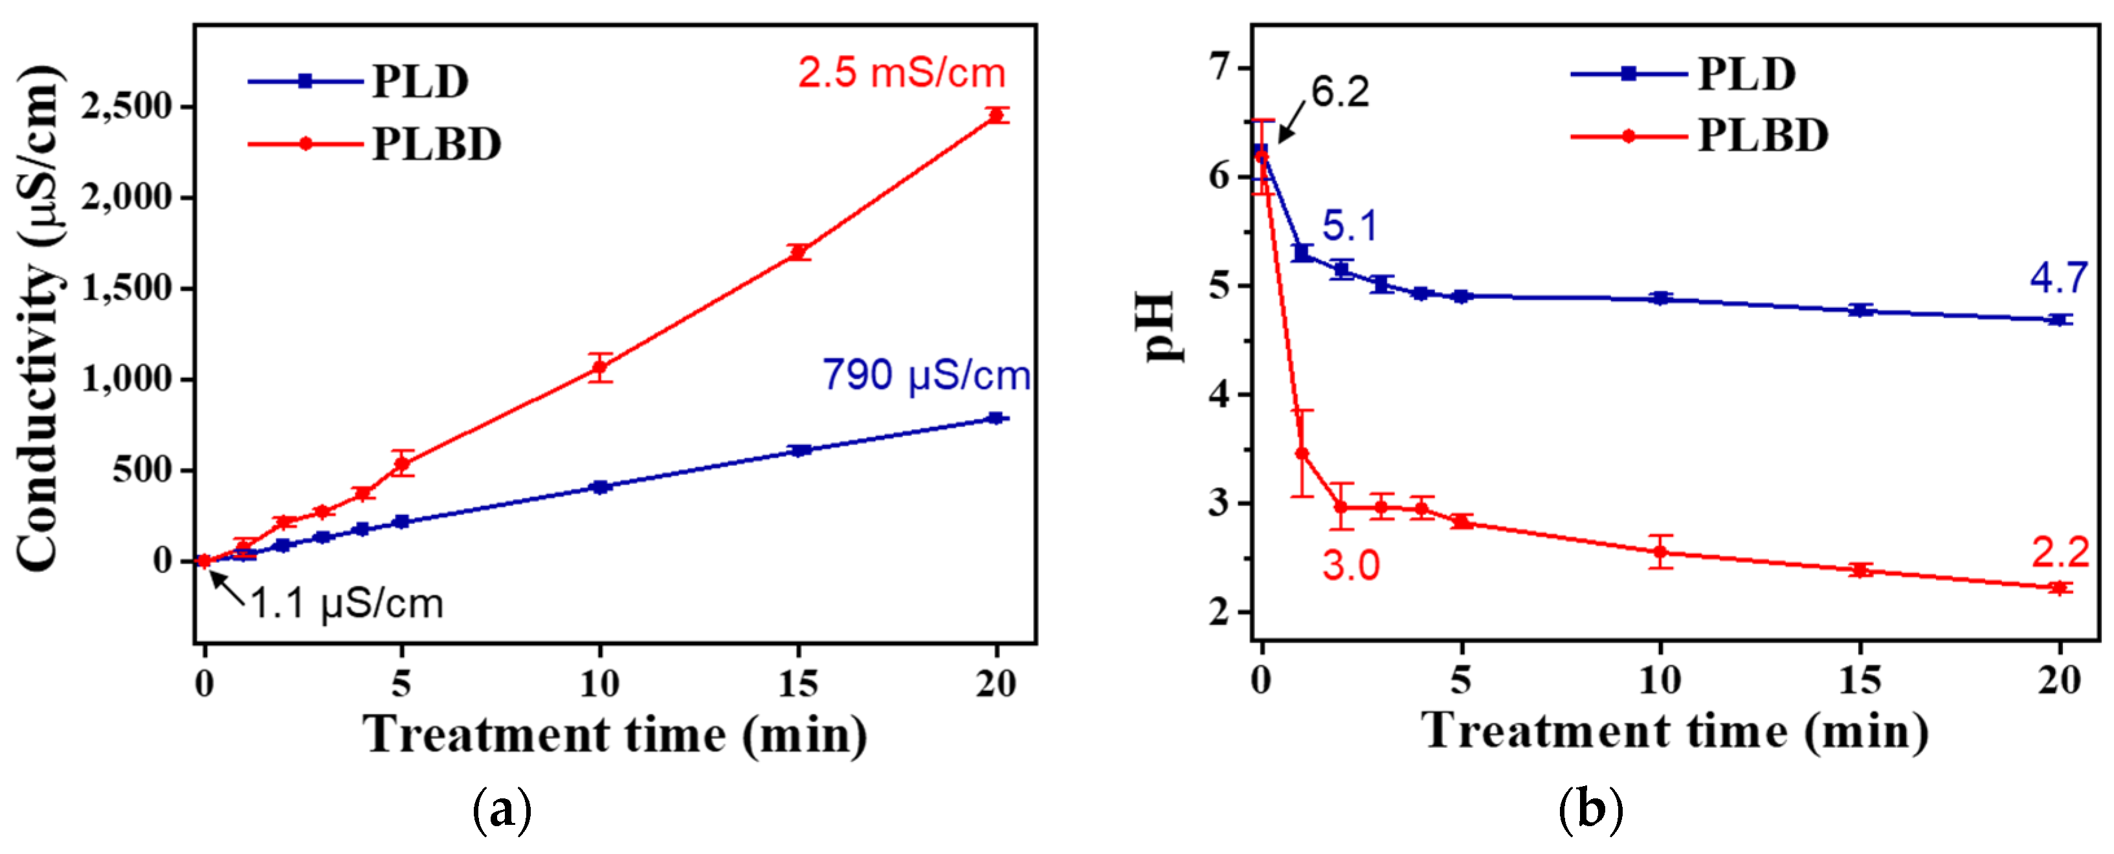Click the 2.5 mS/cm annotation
[x=901, y=73]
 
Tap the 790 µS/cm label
[x=926, y=376]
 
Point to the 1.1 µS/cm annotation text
[x=346, y=604]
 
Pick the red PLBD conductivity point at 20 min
[x=997, y=116]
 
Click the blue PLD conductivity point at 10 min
[x=600, y=487]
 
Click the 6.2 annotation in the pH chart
[x=1339, y=92]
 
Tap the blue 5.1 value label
[x=1349, y=226]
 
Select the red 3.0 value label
[x=1351, y=566]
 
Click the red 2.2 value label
[x=2060, y=553]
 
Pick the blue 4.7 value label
[x=2058, y=278]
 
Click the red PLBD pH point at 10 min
[x=1661, y=552]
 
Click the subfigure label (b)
[x=1590, y=811]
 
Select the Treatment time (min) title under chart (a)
[x=615, y=734]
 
